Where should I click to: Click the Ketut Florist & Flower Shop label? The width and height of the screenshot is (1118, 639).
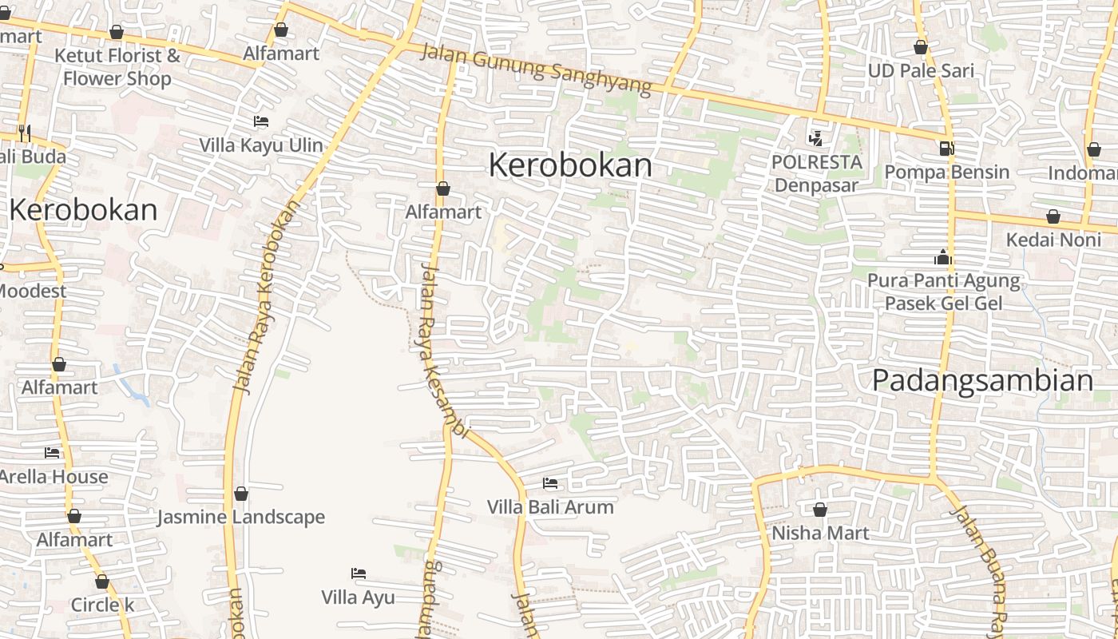click(x=117, y=67)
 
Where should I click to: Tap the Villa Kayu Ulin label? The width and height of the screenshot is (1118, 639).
click(x=261, y=145)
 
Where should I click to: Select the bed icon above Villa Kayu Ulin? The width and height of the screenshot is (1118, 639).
click(x=261, y=121)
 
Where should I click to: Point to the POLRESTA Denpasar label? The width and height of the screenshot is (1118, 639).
click(x=816, y=173)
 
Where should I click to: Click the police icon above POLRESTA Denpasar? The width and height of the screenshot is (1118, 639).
click(x=815, y=138)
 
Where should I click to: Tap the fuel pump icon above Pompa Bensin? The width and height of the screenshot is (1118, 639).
click(x=947, y=148)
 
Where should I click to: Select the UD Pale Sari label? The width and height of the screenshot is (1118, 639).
click(x=921, y=70)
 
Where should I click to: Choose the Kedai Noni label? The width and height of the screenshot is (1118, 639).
click(x=1053, y=240)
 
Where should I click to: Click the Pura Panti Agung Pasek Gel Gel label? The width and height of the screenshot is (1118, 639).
click(x=943, y=292)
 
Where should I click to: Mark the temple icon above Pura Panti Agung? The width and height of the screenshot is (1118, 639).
click(x=943, y=258)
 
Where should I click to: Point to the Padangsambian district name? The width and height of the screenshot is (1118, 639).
click(x=982, y=380)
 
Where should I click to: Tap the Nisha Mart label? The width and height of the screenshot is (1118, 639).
click(x=819, y=532)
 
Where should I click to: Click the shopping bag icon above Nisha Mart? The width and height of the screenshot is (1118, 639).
click(x=819, y=510)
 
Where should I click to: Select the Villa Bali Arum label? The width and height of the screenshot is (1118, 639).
click(x=550, y=506)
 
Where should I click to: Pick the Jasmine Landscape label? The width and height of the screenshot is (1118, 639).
click(x=240, y=517)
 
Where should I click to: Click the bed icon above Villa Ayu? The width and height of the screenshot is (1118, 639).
click(x=359, y=574)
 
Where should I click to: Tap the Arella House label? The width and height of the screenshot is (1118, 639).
click(x=54, y=477)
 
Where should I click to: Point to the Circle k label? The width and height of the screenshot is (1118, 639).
click(x=102, y=605)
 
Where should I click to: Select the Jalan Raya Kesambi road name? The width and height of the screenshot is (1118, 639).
click(x=442, y=351)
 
